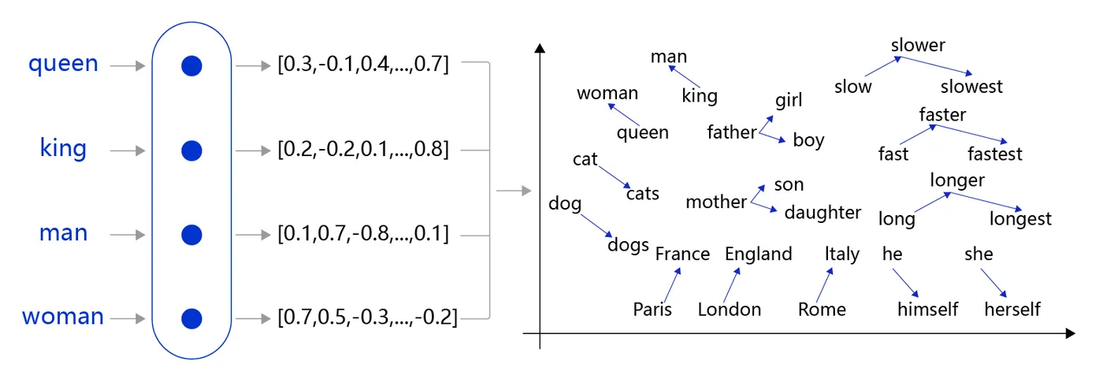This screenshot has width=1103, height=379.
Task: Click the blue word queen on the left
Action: (63, 63)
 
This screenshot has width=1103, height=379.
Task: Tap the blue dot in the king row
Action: (191, 150)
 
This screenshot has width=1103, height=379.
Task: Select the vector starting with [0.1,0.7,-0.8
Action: (363, 234)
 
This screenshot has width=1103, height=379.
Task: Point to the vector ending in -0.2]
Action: (367, 318)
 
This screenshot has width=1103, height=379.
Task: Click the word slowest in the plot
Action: (971, 86)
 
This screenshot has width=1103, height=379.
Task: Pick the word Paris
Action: (652, 310)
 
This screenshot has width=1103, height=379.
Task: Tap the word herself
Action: (1012, 310)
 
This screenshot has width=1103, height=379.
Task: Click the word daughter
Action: (823, 213)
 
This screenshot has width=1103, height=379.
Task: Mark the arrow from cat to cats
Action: (615, 176)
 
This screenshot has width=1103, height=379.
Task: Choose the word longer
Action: (957, 180)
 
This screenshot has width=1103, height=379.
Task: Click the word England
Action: (758, 254)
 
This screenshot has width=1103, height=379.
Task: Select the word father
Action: (731, 132)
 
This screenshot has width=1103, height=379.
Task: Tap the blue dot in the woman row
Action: (191, 318)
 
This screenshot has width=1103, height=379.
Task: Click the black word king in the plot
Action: (700, 96)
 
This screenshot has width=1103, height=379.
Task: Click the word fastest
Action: (995, 154)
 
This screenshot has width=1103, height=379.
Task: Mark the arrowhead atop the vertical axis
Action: (540, 48)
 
